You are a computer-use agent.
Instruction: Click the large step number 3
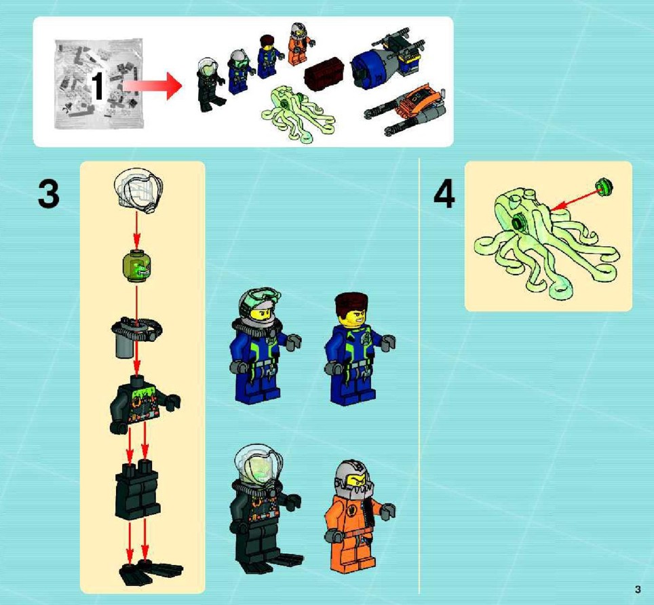click(49, 194)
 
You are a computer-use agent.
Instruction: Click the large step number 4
click(444, 195)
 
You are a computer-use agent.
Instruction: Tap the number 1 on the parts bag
click(97, 86)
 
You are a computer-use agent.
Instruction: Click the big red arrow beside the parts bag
click(153, 85)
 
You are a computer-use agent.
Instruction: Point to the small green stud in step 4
click(604, 186)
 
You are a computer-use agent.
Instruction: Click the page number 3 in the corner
click(638, 589)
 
